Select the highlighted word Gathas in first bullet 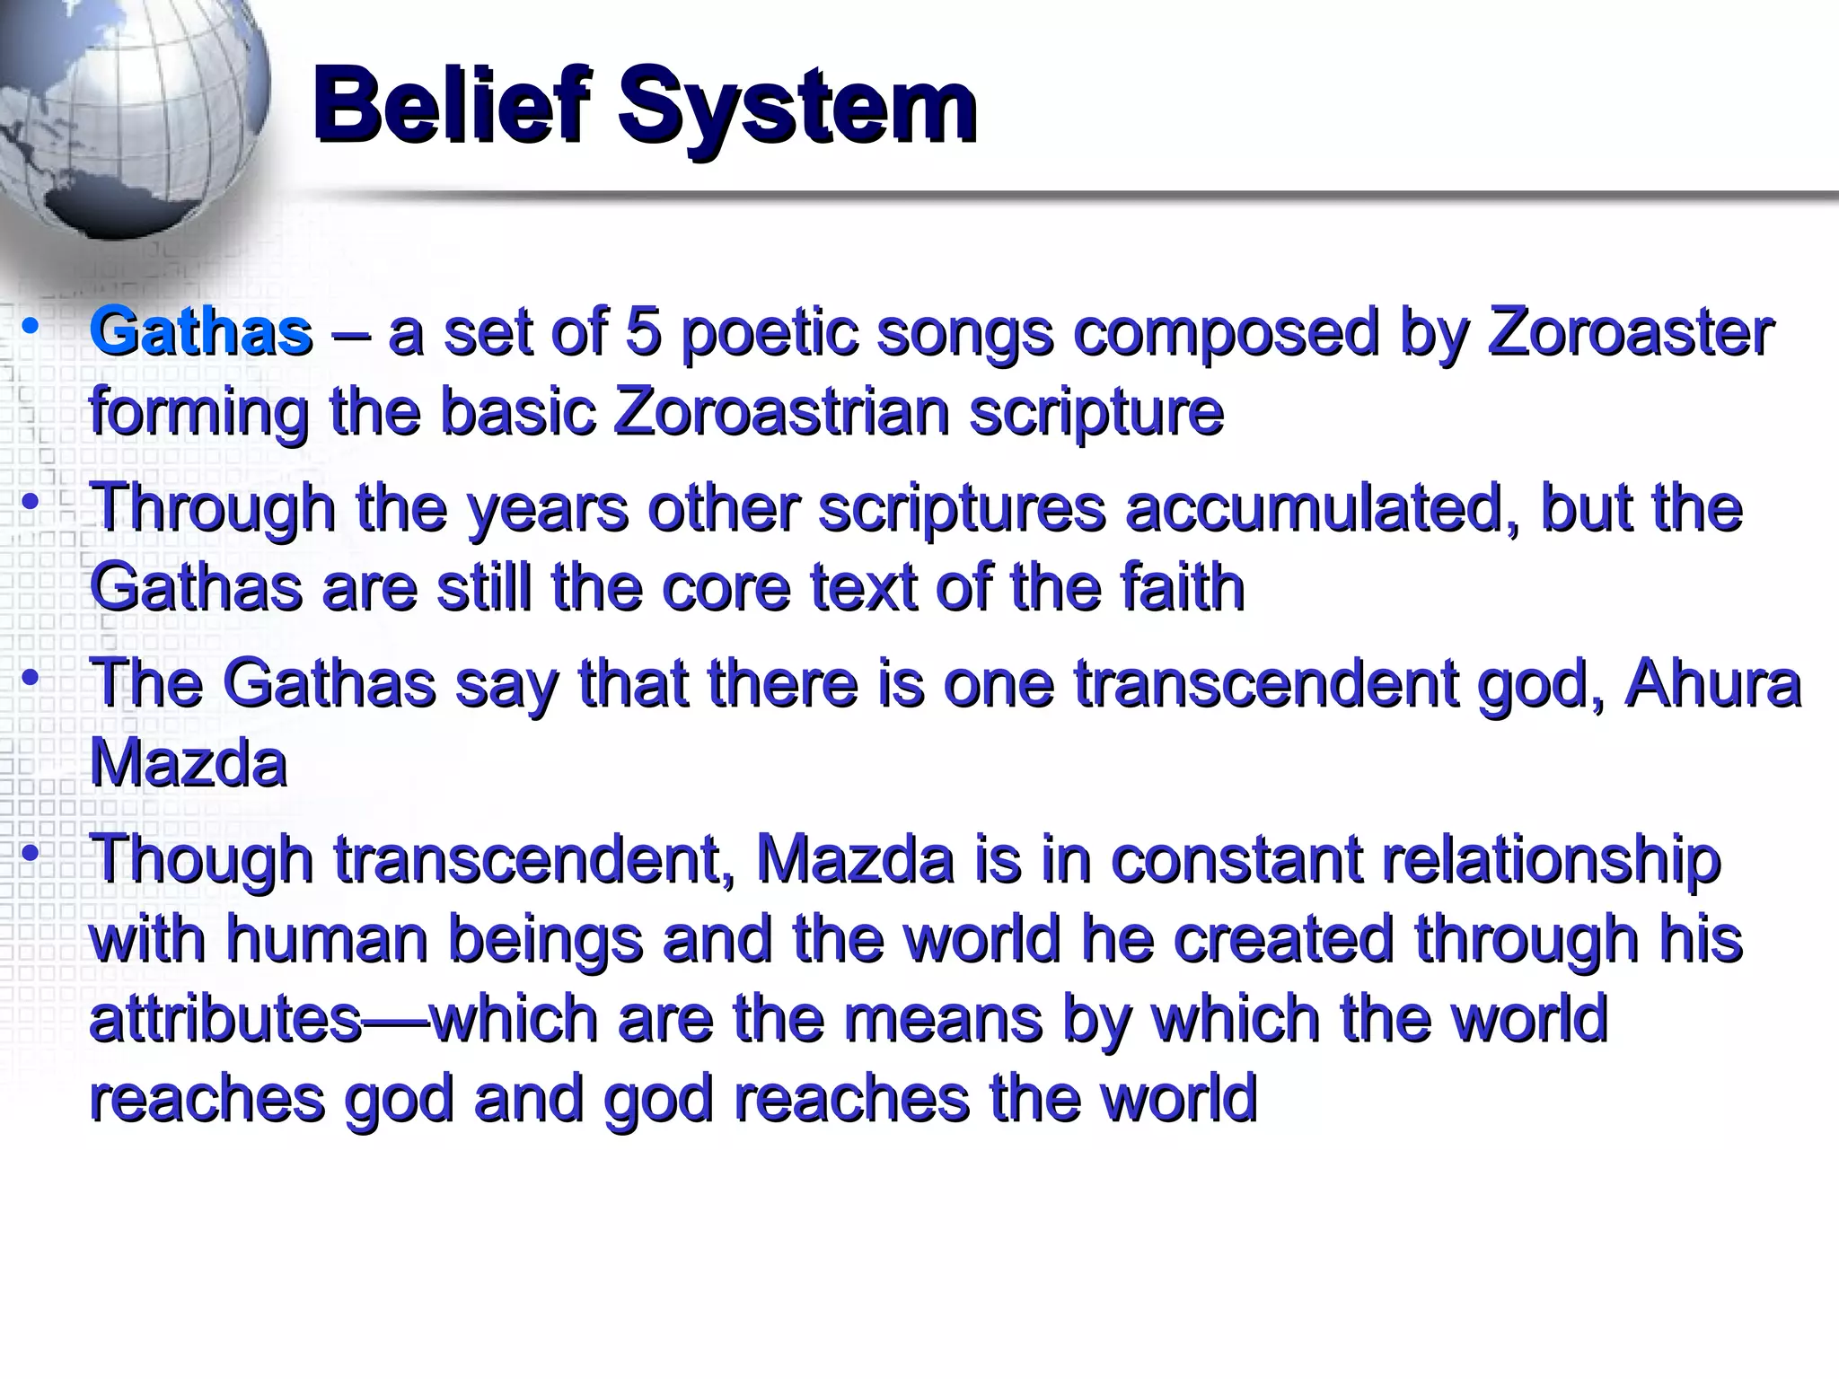point(201,331)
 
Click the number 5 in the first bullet point(643,331)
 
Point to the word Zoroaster point(1630,331)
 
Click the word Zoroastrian point(781,412)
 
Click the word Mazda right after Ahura point(189,764)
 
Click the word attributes point(224,1020)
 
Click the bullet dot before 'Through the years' point(31,502)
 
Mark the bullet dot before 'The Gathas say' point(31,677)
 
